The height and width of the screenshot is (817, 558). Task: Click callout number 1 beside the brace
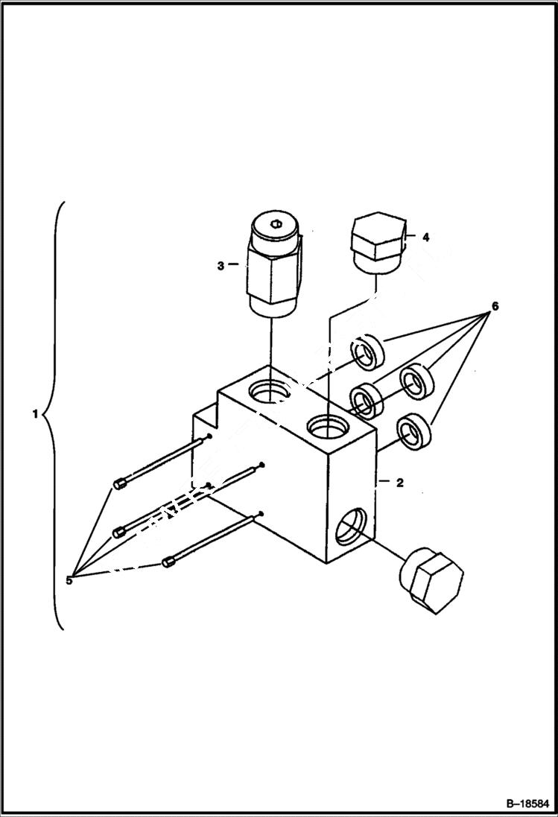[x=34, y=414]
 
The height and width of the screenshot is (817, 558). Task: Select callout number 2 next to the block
[x=399, y=483]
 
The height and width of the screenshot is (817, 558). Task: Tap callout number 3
[x=221, y=264]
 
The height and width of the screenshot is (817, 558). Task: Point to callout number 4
[x=425, y=238]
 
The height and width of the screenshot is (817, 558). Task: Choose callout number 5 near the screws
[x=69, y=580]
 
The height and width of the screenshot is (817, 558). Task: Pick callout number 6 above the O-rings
[x=495, y=306]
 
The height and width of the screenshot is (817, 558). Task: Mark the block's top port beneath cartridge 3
[x=270, y=391]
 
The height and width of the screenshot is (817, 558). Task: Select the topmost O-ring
[x=367, y=352]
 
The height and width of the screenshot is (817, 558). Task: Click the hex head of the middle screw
[x=117, y=532]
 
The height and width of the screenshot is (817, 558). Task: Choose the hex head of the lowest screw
[x=168, y=561]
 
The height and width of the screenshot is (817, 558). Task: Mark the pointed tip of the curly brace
[x=45, y=413]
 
